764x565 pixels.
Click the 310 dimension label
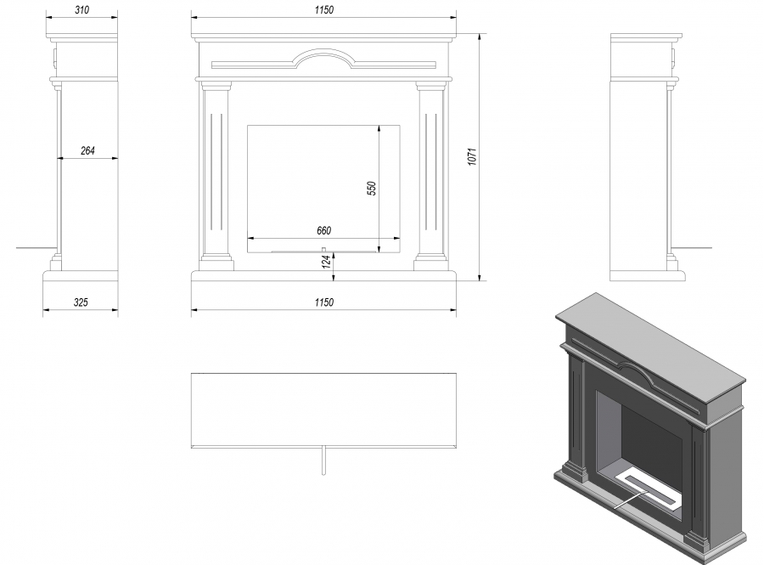[x=81, y=9]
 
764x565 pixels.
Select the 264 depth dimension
[x=87, y=150]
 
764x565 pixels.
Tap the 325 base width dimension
[x=81, y=302]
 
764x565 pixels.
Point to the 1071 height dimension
[x=472, y=156]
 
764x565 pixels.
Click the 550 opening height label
[x=372, y=188]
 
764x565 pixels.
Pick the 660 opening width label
[x=324, y=230]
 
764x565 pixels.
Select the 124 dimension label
[x=327, y=261]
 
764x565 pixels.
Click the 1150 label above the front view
[x=324, y=9]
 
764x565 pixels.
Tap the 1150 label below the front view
[x=324, y=302]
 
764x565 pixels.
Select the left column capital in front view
[x=216, y=87]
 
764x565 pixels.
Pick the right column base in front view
[x=431, y=263]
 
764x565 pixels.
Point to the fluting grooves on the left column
[x=216, y=172]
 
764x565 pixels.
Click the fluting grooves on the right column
[x=430, y=172]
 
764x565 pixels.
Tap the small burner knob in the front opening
[x=323, y=250]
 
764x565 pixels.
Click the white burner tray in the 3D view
[x=647, y=488]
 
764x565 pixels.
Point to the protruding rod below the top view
[x=323, y=460]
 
